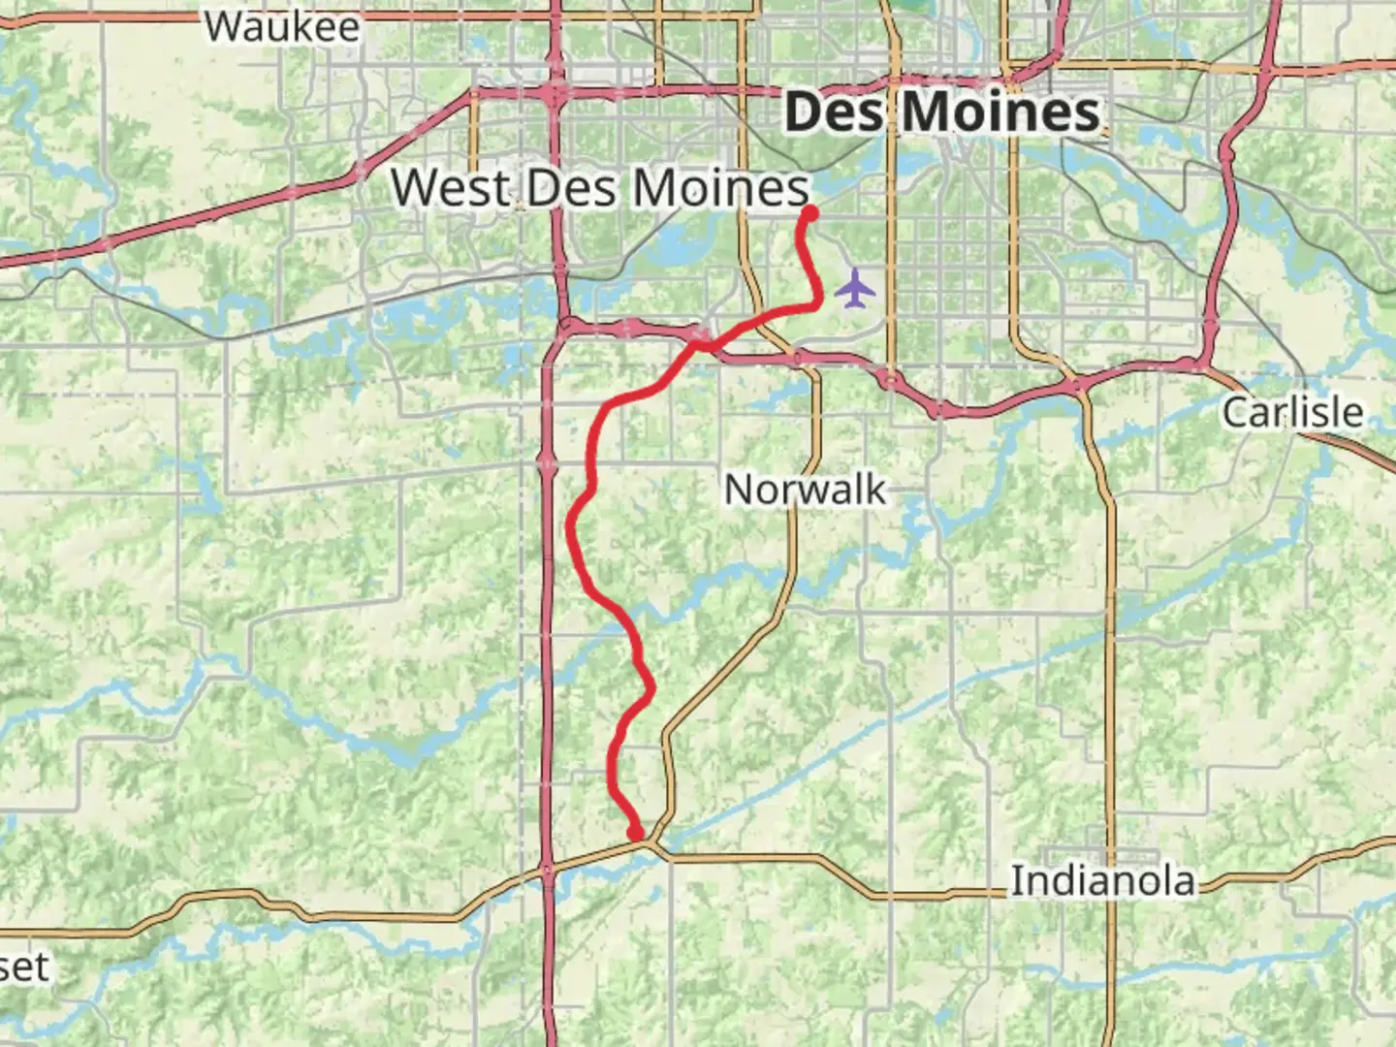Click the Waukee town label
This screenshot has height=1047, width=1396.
281,26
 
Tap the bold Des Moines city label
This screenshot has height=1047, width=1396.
942,112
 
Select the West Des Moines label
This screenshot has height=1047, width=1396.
599,186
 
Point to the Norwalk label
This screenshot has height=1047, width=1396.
805,490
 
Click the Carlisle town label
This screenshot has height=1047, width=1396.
1292,412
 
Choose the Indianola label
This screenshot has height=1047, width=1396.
1102,882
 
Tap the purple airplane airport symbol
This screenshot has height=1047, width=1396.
854,288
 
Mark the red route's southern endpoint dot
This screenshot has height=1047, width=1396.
636,833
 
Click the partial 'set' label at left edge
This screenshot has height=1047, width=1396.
23,967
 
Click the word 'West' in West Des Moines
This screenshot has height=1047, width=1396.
451,186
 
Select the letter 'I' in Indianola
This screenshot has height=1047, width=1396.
1017,882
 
